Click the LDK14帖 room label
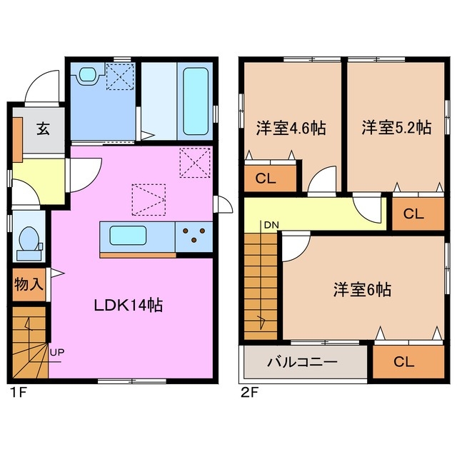129,305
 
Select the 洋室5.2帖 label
396,129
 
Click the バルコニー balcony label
301,362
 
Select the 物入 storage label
29,283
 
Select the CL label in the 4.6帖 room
265,181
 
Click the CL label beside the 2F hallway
413,213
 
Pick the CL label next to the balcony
403,361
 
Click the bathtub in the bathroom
195,101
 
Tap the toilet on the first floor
29,243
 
